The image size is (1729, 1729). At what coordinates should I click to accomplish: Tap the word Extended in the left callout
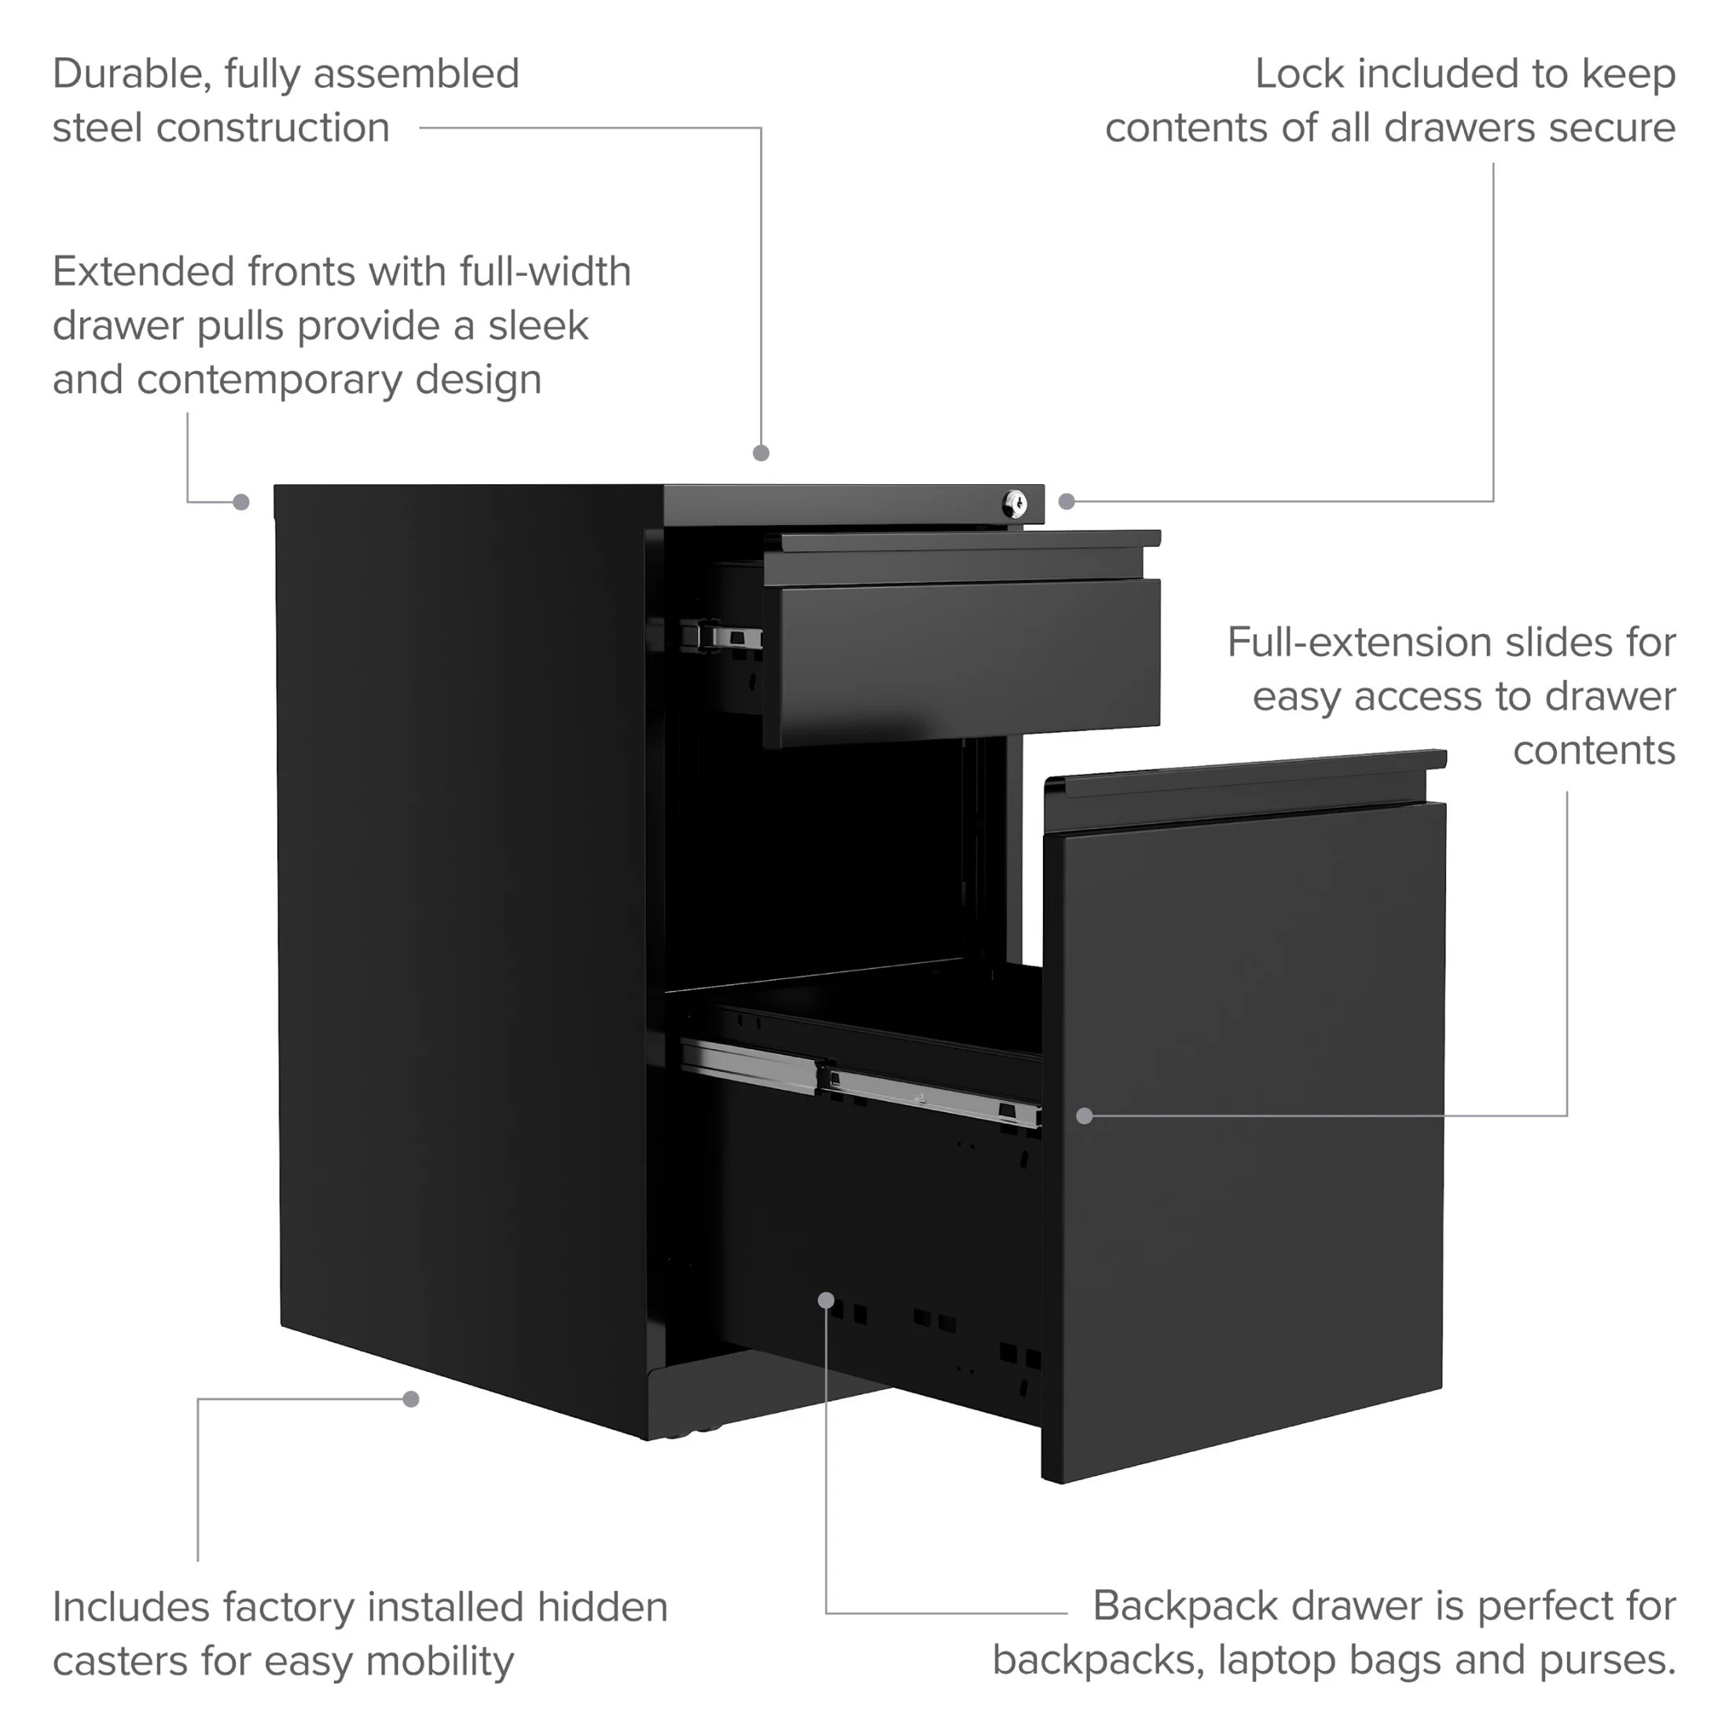[x=143, y=271]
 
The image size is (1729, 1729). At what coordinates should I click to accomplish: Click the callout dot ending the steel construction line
[x=762, y=453]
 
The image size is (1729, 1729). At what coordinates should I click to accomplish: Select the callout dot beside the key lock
[x=1066, y=501]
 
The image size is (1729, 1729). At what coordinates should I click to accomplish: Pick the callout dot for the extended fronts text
[x=240, y=502]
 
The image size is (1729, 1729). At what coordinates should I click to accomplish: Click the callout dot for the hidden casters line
[x=411, y=1399]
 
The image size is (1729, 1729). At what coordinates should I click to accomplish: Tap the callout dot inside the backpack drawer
[x=827, y=1299]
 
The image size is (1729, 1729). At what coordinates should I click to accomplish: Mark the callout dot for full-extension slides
[x=1085, y=1116]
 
